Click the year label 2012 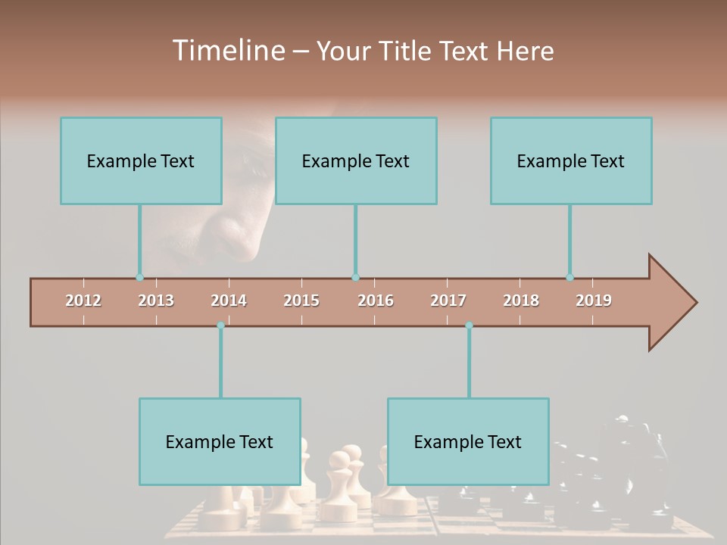[x=83, y=301]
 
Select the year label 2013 [x=156, y=301]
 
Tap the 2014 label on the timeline [x=229, y=301]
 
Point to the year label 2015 [x=301, y=301]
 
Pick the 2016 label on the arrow [x=376, y=301]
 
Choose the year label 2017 [x=448, y=301]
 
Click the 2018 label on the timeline [x=521, y=301]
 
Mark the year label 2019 [x=594, y=301]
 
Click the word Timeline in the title [x=227, y=51]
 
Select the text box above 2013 [x=141, y=160]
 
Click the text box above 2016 [x=356, y=160]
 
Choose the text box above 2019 [x=571, y=160]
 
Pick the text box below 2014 [x=220, y=441]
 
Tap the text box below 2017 [x=468, y=441]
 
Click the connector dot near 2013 [x=139, y=278]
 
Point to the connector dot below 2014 [x=220, y=325]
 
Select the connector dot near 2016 [x=355, y=278]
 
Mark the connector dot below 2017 [x=469, y=325]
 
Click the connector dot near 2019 [x=569, y=278]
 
